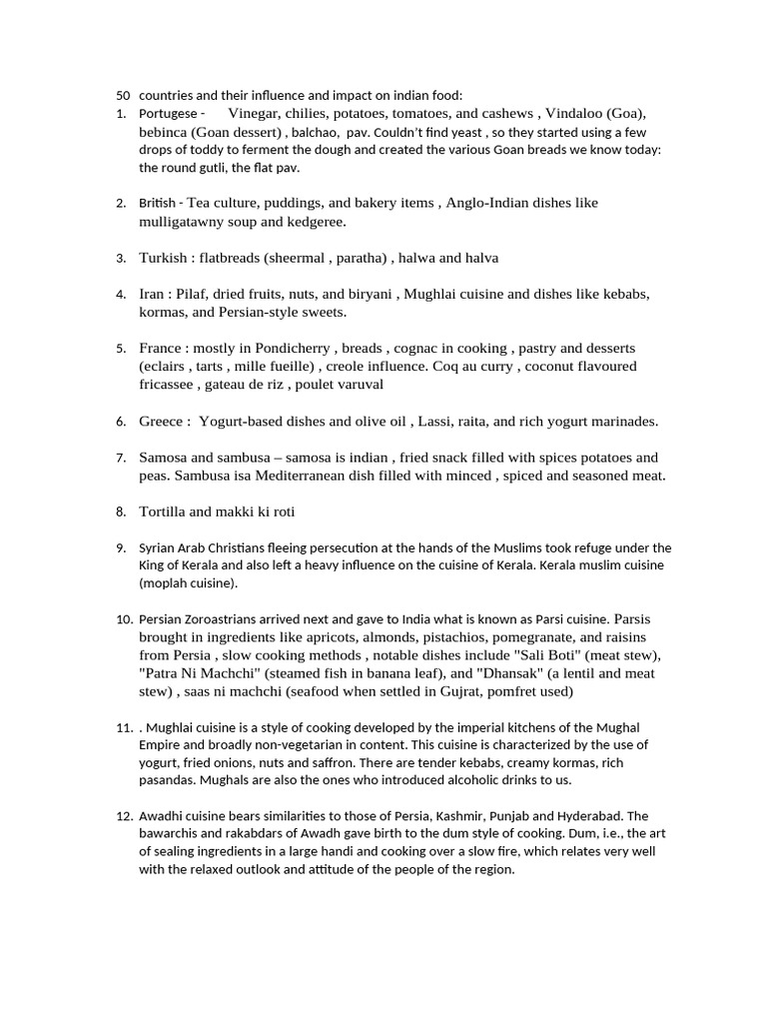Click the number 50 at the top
(x=124, y=96)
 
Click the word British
(x=159, y=203)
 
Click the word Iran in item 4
(x=153, y=295)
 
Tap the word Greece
(x=161, y=422)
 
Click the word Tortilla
(x=164, y=511)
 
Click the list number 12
(x=124, y=816)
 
